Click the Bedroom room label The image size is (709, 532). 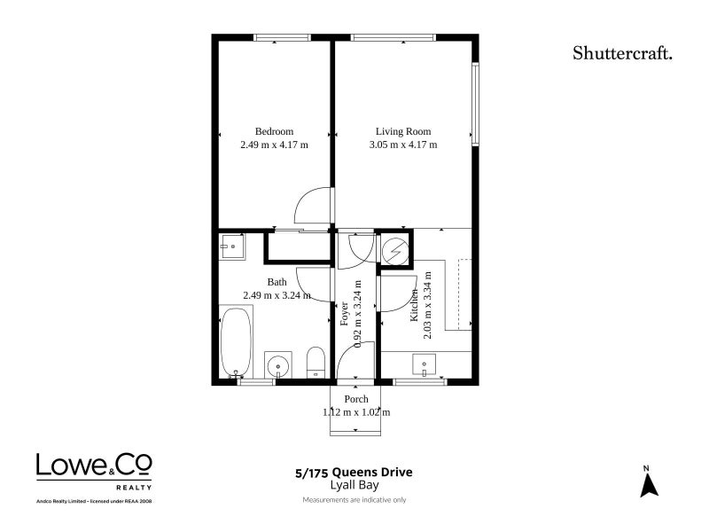[274, 131]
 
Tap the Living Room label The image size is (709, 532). [403, 131]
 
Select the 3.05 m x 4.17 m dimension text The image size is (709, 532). [403, 145]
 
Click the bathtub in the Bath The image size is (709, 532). [236, 342]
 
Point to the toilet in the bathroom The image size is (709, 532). [316, 363]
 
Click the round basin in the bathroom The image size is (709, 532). [277, 364]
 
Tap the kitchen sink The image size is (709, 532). [425, 364]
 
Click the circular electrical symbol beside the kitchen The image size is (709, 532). [395, 250]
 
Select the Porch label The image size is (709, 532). [356, 399]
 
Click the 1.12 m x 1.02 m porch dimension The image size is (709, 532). [356, 412]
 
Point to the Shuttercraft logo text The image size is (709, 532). [622, 53]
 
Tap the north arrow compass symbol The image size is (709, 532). [649, 482]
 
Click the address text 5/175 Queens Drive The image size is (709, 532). [354, 473]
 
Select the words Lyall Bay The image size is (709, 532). [354, 485]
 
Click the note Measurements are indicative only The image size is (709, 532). [354, 500]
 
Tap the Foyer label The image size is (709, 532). [345, 314]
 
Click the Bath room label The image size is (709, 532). [277, 282]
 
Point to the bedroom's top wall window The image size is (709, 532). [282, 37]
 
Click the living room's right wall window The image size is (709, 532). [475, 104]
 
